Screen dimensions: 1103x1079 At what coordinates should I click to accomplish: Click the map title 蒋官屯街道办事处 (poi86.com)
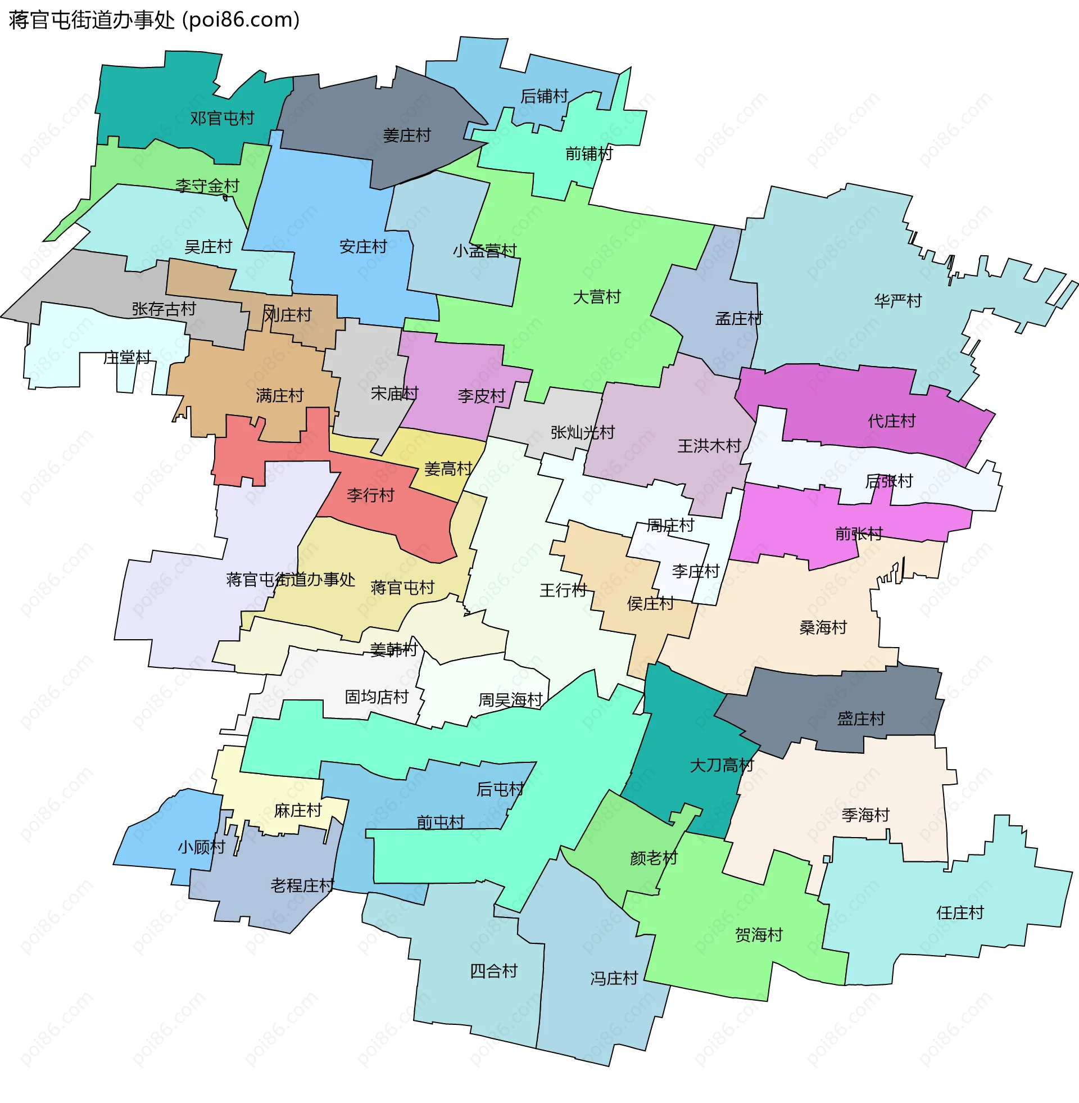(154, 20)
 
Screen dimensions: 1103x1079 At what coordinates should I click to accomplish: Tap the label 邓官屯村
(222, 119)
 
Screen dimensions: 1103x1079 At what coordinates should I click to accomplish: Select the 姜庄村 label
(407, 135)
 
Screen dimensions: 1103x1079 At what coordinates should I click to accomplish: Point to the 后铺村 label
(544, 96)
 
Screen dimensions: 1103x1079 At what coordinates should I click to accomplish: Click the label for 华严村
(897, 301)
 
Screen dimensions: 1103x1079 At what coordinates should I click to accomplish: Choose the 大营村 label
(597, 297)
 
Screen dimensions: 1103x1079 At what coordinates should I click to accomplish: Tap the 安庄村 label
(363, 247)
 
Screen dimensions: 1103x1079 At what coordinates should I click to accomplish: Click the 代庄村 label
(891, 421)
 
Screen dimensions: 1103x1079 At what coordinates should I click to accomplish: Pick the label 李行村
(370, 495)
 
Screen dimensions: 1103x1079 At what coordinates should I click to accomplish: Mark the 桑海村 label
(823, 627)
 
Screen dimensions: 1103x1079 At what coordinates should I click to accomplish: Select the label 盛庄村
(861, 718)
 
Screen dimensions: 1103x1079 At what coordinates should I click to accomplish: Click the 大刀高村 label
(722, 766)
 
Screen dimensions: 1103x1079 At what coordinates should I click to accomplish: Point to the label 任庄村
(960, 912)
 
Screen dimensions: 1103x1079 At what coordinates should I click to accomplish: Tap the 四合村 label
(493, 971)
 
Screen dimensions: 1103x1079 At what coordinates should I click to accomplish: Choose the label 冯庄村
(614, 978)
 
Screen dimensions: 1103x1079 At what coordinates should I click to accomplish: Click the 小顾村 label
(202, 847)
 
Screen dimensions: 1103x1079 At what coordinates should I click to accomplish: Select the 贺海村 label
(759, 935)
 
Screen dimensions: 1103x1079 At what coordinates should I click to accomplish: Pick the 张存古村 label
(164, 309)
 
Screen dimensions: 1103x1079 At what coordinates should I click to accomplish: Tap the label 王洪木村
(710, 446)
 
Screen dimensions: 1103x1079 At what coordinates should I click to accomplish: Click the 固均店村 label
(377, 697)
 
